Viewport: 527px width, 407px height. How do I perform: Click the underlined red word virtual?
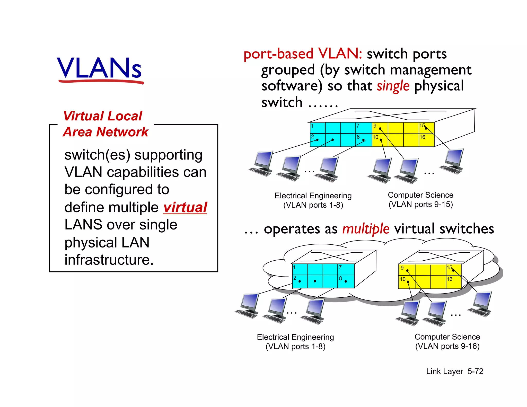(185, 207)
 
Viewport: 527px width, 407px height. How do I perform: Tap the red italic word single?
(393, 86)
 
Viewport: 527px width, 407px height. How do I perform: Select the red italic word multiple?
(366, 228)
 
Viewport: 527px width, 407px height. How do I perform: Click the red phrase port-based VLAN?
(303, 54)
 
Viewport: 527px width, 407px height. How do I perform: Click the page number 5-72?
(475, 371)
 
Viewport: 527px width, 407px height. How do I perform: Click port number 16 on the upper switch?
(422, 137)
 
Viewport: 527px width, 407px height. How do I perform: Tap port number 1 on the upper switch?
(312, 126)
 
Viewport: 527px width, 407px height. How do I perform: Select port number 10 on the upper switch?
(375, 137)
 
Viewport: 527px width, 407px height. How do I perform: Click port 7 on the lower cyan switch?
(340, 267)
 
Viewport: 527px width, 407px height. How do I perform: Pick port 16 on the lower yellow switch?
(449, 279)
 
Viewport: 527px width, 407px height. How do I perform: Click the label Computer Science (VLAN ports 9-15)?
(420, 200)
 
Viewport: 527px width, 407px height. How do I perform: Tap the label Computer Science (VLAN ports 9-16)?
(447, 341)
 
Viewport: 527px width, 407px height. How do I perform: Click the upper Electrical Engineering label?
(313, 200)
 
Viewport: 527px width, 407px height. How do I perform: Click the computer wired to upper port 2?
(262, 164)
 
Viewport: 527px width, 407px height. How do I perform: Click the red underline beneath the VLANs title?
(101, 82)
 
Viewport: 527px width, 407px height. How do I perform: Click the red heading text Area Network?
(106, 132)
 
